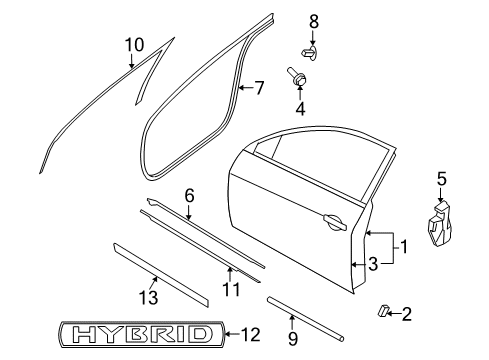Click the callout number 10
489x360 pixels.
click(x=135, y=45)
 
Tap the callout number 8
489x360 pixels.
click(x=314, y=22)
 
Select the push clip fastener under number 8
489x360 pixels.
click(x=309, y=54)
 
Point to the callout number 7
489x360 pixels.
click(x=259, y=88)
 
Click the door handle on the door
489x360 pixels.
click(x=335, y=222)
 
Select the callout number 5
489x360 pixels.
click(x=441, y=179)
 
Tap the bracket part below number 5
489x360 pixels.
click(x=440, y=224)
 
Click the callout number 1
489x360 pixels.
click(x=404, y=247)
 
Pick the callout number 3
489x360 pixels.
click(x=373, y=264)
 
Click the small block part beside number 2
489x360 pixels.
click(x=383, y=310)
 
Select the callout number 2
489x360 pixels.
click(x=407, y=314)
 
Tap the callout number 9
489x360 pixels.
click(x=292, y=338)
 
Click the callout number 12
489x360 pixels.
click(x=250, y=334)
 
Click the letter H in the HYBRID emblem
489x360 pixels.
click(x=84, y=334)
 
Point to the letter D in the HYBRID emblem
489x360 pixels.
click(x=201, y=334)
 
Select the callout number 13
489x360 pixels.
click(x=148, y=297)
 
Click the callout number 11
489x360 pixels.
click(x=231, y=289)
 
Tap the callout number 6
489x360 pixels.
click(x=189, y=196)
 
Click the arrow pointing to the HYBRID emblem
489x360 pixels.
click(x=232, y=334)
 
